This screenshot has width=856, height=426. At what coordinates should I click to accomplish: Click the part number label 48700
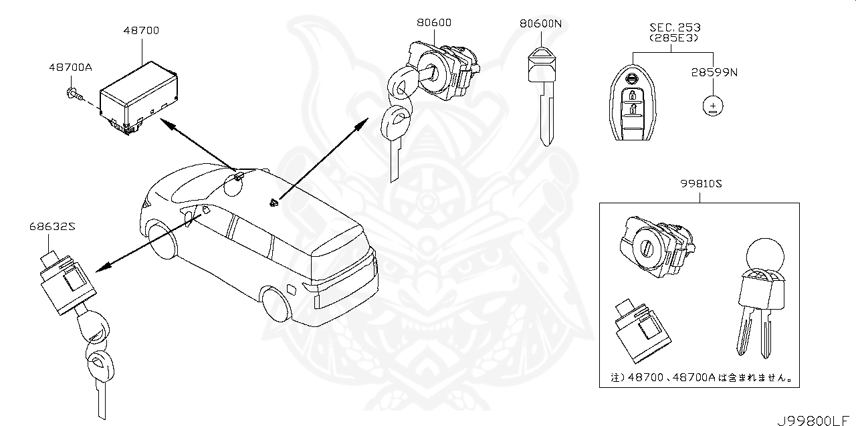coord(142,30)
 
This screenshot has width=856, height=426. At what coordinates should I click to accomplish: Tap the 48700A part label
coord(70,68)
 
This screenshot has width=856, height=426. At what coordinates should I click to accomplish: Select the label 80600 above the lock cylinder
coord(433,23)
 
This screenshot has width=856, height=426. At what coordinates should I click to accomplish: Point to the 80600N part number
coord(540,23)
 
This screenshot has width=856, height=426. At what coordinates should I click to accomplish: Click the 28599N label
coord(714,72)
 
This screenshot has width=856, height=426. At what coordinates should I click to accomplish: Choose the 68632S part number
coord(51,227)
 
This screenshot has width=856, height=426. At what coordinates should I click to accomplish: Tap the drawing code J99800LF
coord(816,421)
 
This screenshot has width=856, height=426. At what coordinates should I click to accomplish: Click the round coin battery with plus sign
coord(714,106)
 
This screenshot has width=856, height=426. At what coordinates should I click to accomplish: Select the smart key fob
coord(631,104)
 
